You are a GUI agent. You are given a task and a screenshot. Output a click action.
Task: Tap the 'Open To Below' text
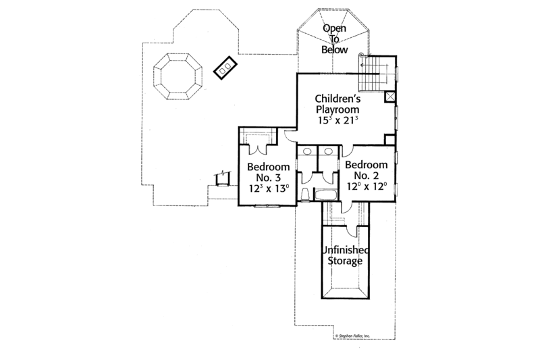[334, 39]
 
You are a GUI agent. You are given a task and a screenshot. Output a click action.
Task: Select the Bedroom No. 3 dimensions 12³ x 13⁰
[268, 188]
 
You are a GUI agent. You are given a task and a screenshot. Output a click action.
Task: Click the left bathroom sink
[306, 151]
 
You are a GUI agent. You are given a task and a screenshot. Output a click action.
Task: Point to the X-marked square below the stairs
[389, 97]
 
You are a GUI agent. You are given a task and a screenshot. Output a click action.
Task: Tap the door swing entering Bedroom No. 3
[289, 135]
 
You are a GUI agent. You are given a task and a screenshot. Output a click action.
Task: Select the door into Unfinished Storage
[346, 212]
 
